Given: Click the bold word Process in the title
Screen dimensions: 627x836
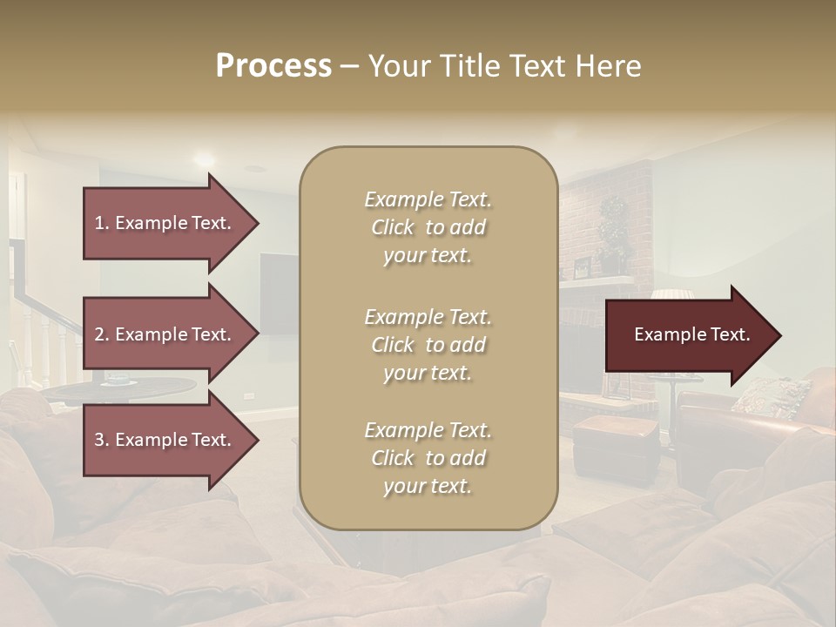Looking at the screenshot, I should pyautogui.click(x=273, y=66).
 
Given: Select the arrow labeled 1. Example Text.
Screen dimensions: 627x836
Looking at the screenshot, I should pyautogui.click(x=165, y=223).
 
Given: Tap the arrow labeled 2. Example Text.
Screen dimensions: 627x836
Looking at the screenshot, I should pyautogui.click(x=165, y=334).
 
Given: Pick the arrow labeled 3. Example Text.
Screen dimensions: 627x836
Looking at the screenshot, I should pyautogui.click(x=165, y=440).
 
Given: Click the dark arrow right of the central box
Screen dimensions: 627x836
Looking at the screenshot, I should pyautogui.click(x=688, y=335).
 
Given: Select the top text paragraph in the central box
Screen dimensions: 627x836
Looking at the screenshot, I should pyautogui.click(x=428, y=227).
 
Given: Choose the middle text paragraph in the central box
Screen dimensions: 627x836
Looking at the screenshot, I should pyautogui.click(x=428, y=345).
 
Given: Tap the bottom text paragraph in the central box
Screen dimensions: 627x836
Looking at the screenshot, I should pyautogui.click(x=428, y=458).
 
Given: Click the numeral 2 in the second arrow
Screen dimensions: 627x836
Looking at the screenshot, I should pyautogui.click(x=99, y=334).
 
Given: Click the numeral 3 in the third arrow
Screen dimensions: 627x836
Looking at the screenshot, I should pyautogui.click(x=99, y=440).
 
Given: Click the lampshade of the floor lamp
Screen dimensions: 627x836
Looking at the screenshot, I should pyautogui.click(x=671, y=294).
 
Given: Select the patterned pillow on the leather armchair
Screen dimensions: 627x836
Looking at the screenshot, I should pyautogui.click(x=771, y=396).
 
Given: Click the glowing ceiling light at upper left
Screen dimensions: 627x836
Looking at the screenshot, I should pyautogui.click(x=204, y=159).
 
